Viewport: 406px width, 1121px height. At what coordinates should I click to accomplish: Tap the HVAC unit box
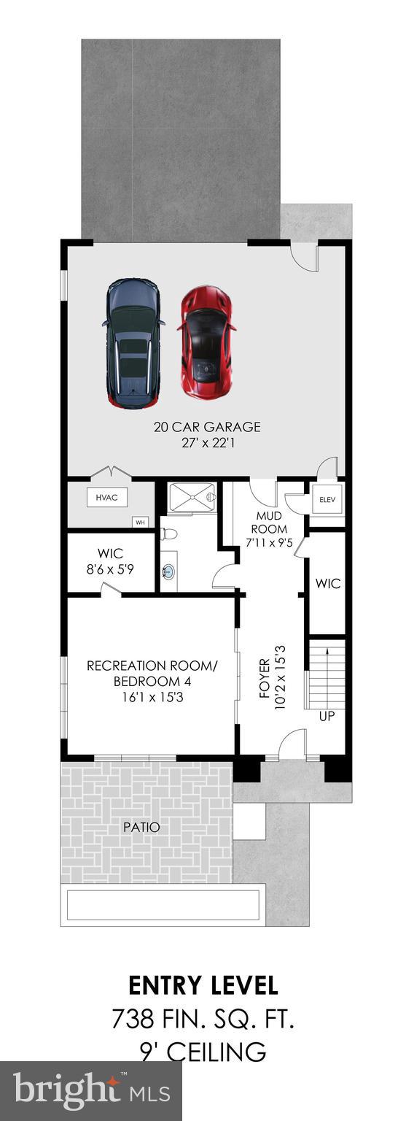click(106, 498)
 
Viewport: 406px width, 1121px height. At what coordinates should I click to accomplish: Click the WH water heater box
click(140, 523)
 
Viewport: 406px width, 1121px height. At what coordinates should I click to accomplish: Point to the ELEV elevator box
click(327, 499)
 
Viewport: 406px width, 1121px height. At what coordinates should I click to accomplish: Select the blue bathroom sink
click(170, 571)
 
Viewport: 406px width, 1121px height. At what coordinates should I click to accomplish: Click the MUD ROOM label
click(269, 523)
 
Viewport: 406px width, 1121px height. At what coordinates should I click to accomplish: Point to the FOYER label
click(265, 678)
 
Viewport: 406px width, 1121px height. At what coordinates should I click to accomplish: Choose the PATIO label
click(142, 827)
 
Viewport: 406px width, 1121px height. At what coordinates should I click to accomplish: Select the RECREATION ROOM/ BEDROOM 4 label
click(153, 674)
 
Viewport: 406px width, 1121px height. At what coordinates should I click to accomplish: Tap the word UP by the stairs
click(327, 716)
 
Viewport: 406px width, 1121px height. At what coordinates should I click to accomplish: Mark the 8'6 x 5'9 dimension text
click(110, 569)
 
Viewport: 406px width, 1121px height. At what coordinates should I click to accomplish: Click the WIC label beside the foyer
click(327, 584)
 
